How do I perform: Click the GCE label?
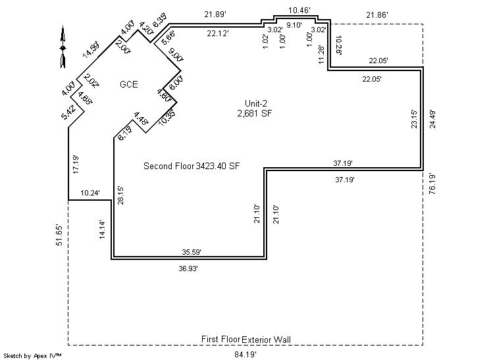pos(129,84)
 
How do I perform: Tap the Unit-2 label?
pos(254,104)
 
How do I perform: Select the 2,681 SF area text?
pos(255,113)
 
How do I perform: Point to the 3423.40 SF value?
pos(217,166)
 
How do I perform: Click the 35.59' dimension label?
pos(191,251)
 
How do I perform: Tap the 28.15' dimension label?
pos(120,195)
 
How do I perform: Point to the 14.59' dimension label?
pos(91,51)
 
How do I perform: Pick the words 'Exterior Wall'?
pos(267,340)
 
